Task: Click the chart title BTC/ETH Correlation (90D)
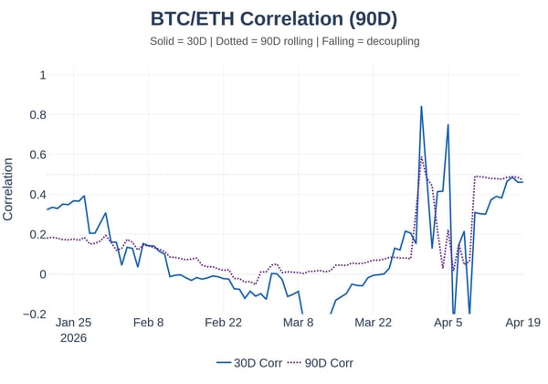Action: coord(273,18)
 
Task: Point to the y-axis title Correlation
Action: coord(8,189)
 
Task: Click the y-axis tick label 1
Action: coord(42,75)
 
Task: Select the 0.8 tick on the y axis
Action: coord(37,115)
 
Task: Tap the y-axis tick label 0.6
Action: coord(37,155)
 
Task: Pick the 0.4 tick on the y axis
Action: coord(37,195)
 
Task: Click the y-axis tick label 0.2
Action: coord(37,234)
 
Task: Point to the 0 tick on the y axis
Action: coord(42,274)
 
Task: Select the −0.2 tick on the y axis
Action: coord(34,314)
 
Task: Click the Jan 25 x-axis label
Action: coord(73,323)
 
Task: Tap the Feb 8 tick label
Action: coord(149,323)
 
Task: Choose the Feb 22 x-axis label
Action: coord(224,323)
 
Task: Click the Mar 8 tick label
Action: coord(298,323)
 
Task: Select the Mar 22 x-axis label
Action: coord(373,323)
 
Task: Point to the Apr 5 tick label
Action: coord(448,323)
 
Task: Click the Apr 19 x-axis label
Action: coord(522,323)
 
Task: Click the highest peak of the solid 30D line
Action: coord(421,107)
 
